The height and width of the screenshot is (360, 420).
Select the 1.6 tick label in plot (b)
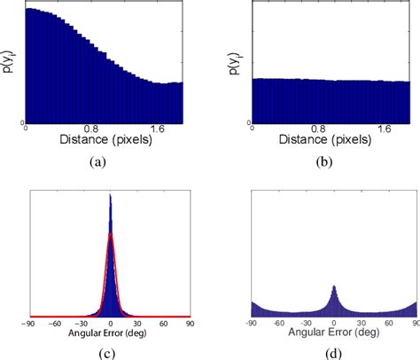(383, 129)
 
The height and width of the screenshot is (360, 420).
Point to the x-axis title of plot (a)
(103, 140)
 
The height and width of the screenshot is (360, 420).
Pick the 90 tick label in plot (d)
(414, 323)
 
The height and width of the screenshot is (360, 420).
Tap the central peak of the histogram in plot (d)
(333, 286)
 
